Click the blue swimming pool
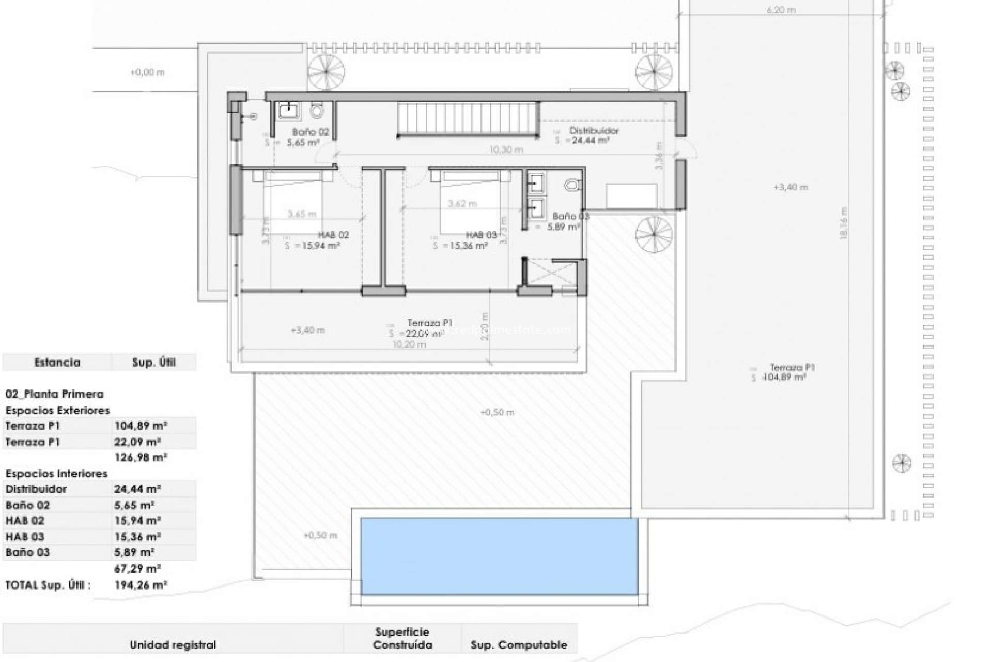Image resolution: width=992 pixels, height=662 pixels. point(499,556)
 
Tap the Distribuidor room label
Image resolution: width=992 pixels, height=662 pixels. point(594,131)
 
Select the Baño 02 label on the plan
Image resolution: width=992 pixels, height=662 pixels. point(310,132)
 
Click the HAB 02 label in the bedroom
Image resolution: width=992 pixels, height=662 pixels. point(333,235)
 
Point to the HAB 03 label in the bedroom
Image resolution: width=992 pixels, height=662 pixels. point(481,235)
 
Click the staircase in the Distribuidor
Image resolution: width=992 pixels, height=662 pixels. point(468,119)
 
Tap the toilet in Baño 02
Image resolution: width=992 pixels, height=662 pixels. point(317,110)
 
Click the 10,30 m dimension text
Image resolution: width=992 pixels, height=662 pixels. point(506,149)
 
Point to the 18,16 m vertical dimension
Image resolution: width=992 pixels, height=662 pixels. point(844,222)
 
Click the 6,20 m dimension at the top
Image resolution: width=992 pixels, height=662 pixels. point(781,10)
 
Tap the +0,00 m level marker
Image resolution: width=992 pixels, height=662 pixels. point(147,72)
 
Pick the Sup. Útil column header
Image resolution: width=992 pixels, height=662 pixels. point(153,363)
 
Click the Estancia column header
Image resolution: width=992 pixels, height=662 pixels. point(57,363)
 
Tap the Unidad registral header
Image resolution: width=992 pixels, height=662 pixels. point(173,645)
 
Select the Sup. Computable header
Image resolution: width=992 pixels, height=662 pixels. point(519,645)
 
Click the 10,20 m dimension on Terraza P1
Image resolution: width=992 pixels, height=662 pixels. point(409,344)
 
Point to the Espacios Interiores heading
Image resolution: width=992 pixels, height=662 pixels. point(56,473)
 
